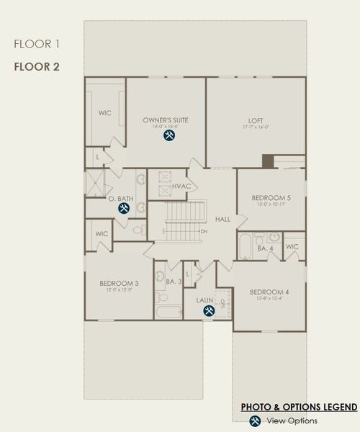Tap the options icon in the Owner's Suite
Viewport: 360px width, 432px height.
(170, 135)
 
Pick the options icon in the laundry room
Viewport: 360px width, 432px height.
(209, 311)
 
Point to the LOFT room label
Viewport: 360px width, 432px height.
(256, 120)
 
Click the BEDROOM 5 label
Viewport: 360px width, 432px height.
(271, 198)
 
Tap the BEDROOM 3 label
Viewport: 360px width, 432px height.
(119, 284)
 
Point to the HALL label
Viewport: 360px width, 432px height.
(222, 219)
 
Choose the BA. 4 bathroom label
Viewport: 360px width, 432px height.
(266, 248)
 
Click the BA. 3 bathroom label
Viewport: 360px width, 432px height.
(173, 282)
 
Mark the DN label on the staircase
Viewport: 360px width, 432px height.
(204, 231)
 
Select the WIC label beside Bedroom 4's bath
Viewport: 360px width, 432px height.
(292, 247)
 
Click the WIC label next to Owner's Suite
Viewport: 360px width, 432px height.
(105, 113)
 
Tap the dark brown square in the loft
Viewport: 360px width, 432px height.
(267, 161)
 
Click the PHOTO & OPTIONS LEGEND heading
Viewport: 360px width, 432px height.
(298, 408)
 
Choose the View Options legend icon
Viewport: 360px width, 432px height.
(253, 421)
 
